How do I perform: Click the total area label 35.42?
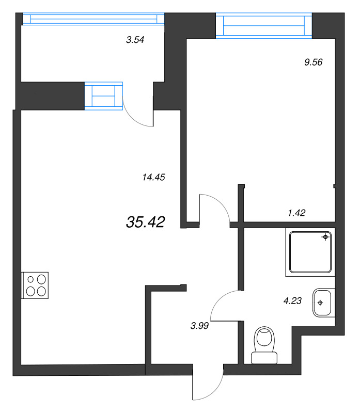[146, 222]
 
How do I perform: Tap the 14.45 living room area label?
[153, 177]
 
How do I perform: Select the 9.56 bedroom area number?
[314, 62]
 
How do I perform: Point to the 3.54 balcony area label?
[135, 40]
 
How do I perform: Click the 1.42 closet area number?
[297, 213]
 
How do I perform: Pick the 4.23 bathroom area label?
[292, 300]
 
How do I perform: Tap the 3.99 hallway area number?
[199, 326]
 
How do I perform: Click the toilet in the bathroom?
[264, 345]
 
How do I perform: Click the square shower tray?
[310, 252]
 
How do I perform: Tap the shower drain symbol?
[325, 237]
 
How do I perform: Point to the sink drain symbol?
[320, 303]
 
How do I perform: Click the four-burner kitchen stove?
[35, 285]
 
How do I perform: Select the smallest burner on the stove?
[30, 279]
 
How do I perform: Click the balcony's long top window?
[93, 19]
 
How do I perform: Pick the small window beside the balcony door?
[104, 96]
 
